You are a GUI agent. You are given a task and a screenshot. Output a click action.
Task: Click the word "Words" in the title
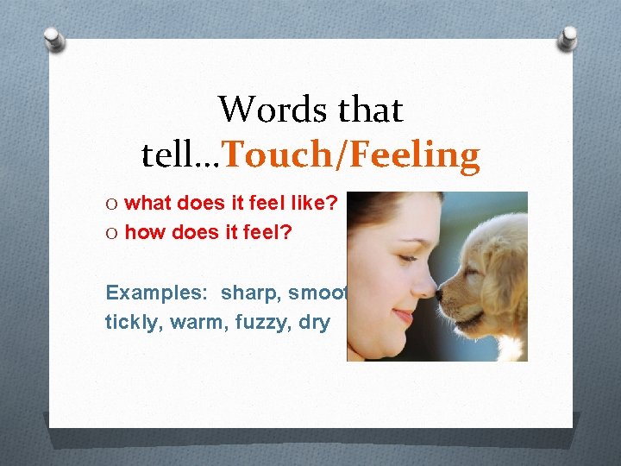pos(262,110)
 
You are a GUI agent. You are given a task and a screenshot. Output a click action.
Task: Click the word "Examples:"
pos(159,293)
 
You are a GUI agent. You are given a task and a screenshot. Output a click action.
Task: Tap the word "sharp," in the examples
pos(250,293)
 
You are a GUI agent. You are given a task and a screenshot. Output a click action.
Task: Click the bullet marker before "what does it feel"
pos(112,203)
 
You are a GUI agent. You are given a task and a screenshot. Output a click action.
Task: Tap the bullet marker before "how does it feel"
pos(112,231)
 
